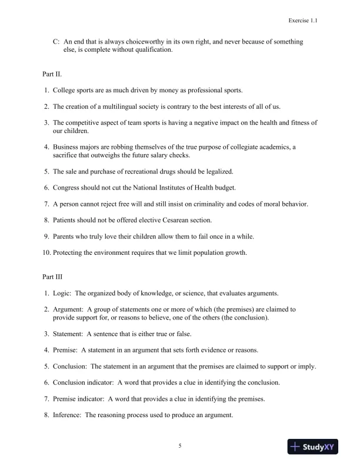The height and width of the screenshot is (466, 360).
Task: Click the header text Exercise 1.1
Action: pos(303,20)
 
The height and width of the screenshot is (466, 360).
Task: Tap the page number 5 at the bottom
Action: pos(180,446)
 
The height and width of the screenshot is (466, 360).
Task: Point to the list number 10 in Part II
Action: pos(46,252)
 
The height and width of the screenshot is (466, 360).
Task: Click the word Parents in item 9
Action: pos(65,236)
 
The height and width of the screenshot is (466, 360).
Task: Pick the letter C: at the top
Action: pos(56,42)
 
